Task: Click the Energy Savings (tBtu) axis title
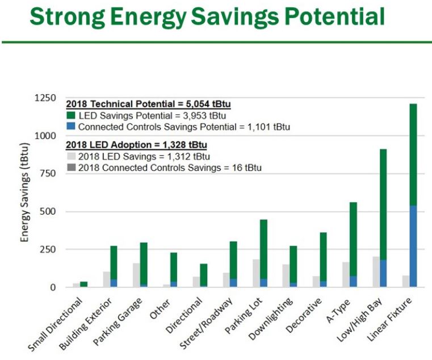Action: pyautogui.click(x=25, y=192)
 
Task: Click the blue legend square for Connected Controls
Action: pyautogui.click(x=72, y=127)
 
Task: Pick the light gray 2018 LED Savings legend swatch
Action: pyautogui.click(x=72, y=157)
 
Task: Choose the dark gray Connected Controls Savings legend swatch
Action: pyautogui.click(x=72, y=168)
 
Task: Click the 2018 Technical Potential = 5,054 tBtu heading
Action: pyautogui.click(x=152, y=104)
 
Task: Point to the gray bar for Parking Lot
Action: pyautogui.click(x=256, y=273)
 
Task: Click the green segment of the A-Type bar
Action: pyautogui.click(x=353, y=238)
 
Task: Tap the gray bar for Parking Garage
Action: pyautogui.click(x=136, y=275)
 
